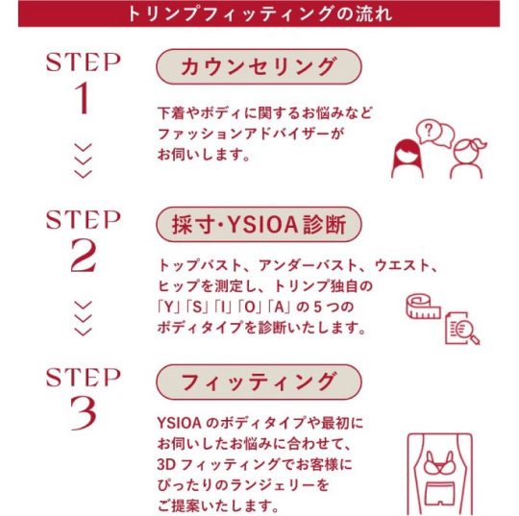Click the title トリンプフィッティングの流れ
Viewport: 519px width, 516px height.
(x=259, y=14)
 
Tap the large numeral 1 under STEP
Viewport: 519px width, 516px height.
(x=84, y=99)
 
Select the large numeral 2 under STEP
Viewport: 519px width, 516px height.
(x=84, y=256)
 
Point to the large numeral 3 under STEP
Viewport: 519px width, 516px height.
(x=84, y=410)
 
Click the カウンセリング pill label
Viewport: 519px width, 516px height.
(x=259, y=67)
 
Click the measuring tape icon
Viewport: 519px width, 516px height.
(x=421, y=307)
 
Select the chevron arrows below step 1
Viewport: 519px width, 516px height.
(x=84, y=160)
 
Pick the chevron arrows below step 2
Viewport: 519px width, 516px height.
(x=84, y=317)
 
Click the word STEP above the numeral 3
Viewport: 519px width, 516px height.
(x=84, y=374)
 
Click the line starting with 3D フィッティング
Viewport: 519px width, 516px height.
(x=259, y=463)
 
